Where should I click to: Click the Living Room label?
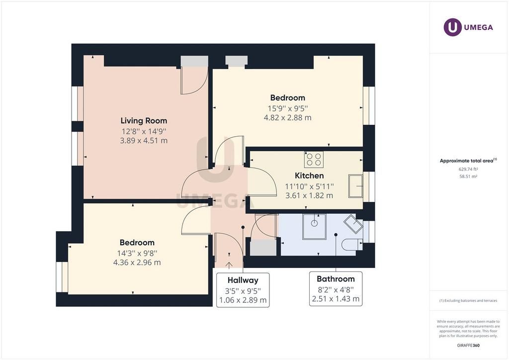coord(144,121)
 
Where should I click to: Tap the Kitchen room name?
coord(309,176)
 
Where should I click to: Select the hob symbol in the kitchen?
coord(314,160)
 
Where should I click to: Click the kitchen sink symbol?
coord(355,186)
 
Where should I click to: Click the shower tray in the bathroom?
coord(314,227)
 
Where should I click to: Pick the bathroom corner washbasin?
coord(353,224)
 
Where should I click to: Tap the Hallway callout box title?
coord(243,280)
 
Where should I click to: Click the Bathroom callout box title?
coord(336,279)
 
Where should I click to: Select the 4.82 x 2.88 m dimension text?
coord(288,117)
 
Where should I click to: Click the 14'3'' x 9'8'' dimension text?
coord(137,253)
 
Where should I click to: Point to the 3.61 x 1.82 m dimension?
coord(309,195)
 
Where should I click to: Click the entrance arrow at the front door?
coord(229,266)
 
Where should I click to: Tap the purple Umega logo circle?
coord(452,27)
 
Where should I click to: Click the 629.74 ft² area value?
coord(468,169)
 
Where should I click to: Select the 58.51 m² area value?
coord(468,177)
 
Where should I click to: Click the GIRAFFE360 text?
coord(468,346)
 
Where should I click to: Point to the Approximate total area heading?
coord(468,161)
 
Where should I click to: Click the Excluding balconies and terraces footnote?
coord(468,301)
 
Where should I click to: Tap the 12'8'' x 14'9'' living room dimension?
coord(144,131)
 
